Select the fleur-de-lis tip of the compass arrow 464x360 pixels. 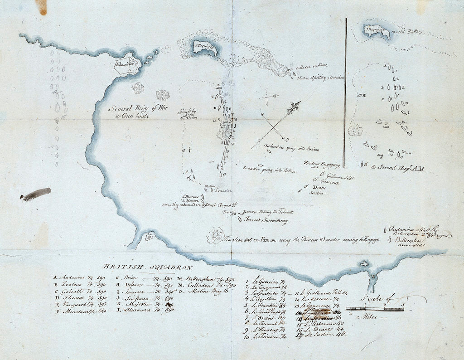pyautogui.click(x=297, y=106)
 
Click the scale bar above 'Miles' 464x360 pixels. pyautogui.click(x=374, y=309)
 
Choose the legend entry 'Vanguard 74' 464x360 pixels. pyautogui.click(x=79, y=304)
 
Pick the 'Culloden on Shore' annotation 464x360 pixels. pyautogui.click(x=311, y=68)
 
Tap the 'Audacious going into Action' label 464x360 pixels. pyautogui.click(x=292, y=149)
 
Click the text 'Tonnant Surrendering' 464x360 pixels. pyautogui.click(x=266, y=221)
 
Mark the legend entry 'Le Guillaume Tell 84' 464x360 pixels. pyautogui.click(x=325, y=292)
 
